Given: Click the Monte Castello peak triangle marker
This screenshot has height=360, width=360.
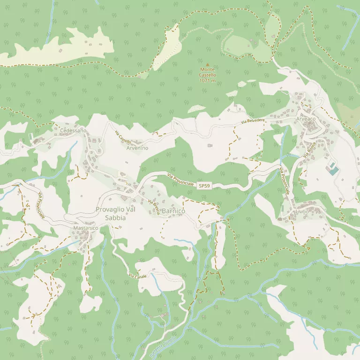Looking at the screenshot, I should click(x=208, y=64).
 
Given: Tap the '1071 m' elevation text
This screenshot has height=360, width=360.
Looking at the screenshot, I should click(x=207, y=81).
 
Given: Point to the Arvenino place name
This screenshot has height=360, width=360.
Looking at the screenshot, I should click(x=137, y=148).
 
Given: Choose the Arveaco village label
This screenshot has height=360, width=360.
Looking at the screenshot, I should click(x=306, y=119).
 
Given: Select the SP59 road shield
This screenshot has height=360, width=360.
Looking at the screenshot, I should click(x=204, y=186).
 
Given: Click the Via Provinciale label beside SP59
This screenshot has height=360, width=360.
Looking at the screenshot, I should click(x=180, y=180).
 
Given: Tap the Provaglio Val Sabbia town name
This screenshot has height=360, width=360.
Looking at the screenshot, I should click(x=115, y=213).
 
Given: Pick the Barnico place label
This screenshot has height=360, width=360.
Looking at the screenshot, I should click(x=173, y=212).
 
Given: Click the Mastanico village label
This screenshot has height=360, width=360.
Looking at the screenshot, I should click(x=85, y=228).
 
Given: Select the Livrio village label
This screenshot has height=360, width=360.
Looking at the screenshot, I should click(x=302, y=212).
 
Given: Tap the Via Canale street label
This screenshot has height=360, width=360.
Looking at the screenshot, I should click(x=138, y=276).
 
